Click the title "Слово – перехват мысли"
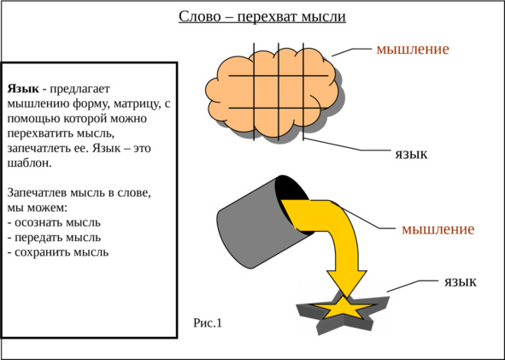(262, 17)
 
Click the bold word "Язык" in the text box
(23, 89)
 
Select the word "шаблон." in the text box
(29, 162)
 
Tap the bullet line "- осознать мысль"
(54, 222)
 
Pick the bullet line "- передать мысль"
(54, 237)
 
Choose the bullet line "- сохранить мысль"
(57, 252)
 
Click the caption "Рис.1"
(208, 322)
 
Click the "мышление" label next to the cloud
(413, 49)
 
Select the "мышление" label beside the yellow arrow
(438, 229)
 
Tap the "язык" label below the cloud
(411, 155)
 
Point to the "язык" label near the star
(461, 282)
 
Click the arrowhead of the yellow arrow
(347, 283)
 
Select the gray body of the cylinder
(255, 226)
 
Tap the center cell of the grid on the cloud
(266, 91)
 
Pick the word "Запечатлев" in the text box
(38, 192)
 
